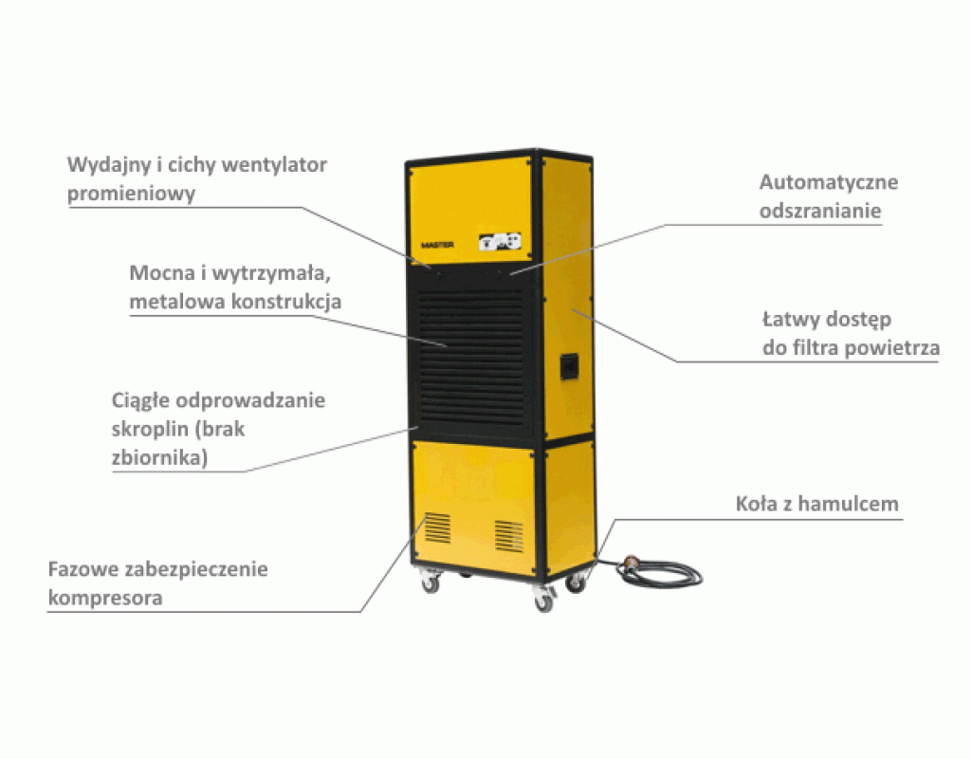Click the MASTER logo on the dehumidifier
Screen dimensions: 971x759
pos(437,246)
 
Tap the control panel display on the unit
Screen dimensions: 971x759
pos(500,242)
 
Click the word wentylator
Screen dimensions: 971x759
pos(274,165)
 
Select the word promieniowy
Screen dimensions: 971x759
pos(131,194)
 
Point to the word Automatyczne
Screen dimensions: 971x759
pos(829,182)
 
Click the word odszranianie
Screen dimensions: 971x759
pos(820,211)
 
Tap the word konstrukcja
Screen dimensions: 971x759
pos(286,302)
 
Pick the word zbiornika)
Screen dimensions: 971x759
pos(159,458)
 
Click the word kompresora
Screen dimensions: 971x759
pos(105,599)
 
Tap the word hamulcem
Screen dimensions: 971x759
pos(849,504)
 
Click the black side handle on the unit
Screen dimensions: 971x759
pos(570,366)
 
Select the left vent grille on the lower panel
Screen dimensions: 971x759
pos(438,528)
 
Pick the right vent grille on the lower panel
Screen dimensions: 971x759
pos(508,536)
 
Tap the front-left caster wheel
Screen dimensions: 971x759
pos(430,583)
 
